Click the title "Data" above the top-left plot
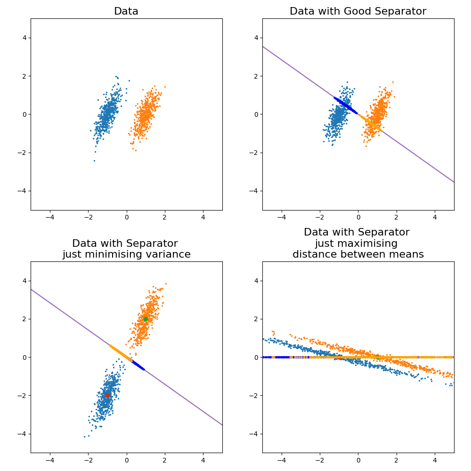tap(126, 11)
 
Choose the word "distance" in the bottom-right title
tap(313, 255)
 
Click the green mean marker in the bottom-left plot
tap(146, 319)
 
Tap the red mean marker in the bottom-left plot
tap(107, 395)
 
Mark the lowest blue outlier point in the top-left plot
tap(94, 161)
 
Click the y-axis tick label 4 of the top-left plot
tap(24, 38)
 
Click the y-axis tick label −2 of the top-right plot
tap(254, 153)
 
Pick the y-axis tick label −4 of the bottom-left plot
tap(23, 434)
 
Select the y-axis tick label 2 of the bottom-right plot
tap(256, 319)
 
